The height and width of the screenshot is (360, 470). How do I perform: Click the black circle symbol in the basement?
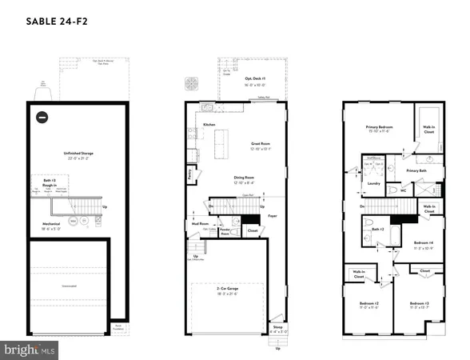pos(42,116)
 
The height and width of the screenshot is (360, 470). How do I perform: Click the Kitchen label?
pos(209,126)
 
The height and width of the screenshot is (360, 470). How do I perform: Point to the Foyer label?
pos(272,215)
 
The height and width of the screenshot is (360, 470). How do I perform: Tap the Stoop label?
pos(277,328)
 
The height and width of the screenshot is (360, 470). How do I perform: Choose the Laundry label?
pos(372,183)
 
